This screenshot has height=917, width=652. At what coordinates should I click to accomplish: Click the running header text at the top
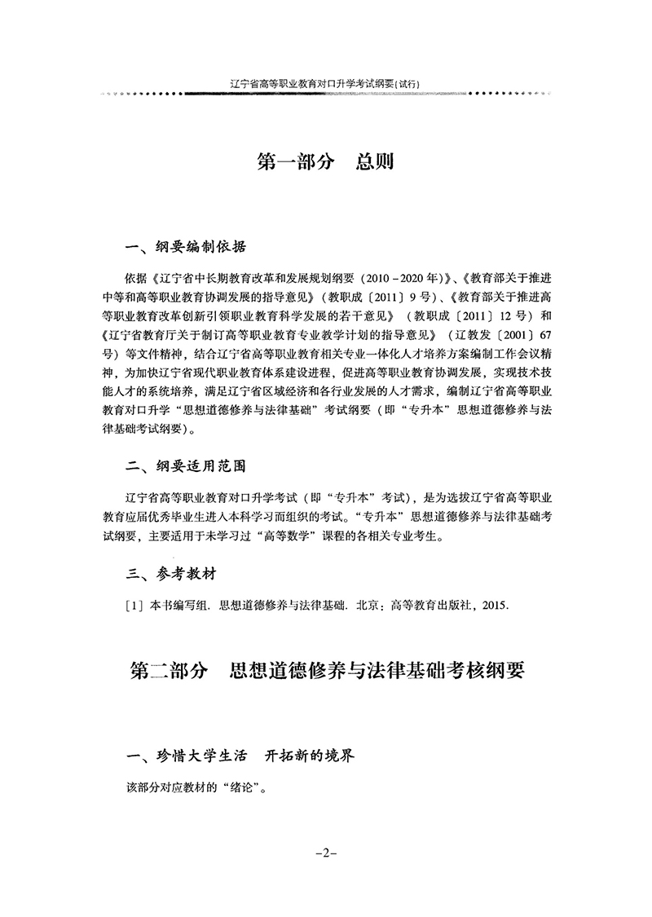(x=325, y=82)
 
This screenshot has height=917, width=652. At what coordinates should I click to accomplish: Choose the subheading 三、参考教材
(x=172, y=574)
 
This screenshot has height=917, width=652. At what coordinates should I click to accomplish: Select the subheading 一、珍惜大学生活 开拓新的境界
(x=241, y=756)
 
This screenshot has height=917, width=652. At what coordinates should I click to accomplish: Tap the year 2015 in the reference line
(x=496, y=605)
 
